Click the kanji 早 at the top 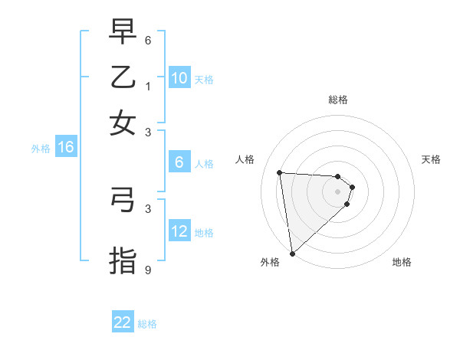point(123,33)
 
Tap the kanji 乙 point(123,77)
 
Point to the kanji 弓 point(123,201)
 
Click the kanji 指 point(123,259)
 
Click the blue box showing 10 point(179,78)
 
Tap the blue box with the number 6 point(179,162)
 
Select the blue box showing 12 point(179,232)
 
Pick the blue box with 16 point(66,148)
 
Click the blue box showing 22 point(123,322)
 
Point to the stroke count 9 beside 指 point(148,270)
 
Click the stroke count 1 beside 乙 point(148,87)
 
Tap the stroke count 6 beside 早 point(148,39)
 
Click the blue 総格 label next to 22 point(148,324)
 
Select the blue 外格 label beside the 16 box point(41,149)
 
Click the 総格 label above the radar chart point(338,100)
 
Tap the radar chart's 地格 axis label point(402,262)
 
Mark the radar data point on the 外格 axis point(292,253)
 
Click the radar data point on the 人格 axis point(280,172)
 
